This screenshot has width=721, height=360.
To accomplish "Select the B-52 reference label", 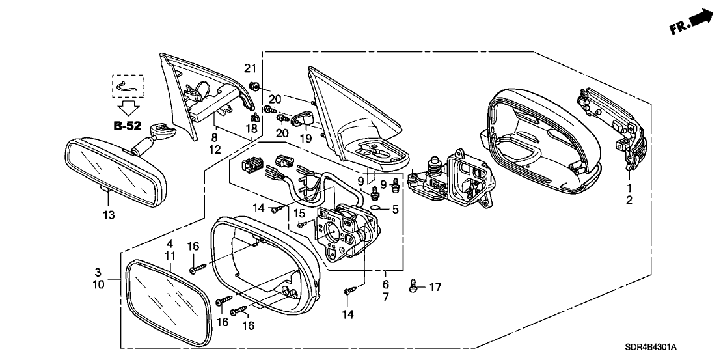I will pyautogui.click(x=128, y=126).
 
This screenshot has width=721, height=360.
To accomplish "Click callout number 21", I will pyautogui.click(x=251, y=69).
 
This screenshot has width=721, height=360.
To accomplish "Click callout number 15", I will pyautogui.click(x=299, y=213).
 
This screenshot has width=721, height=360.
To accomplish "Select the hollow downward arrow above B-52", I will pyautogui.click(x=127, y=106).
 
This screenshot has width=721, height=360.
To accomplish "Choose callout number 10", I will pyautogui.click(x=99, y=284).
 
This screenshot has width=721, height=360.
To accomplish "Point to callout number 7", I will pyautogui.click(x=385, y=296).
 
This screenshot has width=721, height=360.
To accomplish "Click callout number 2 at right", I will pyautogui.click(x=629, y=201).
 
